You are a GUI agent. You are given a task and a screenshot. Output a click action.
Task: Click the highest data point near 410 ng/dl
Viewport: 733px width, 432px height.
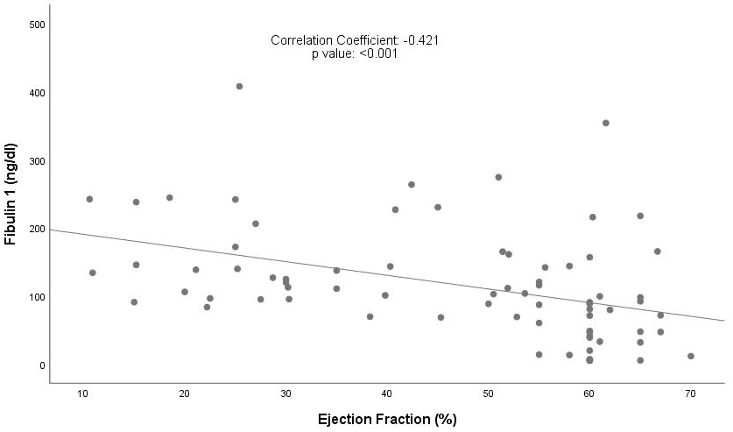[239, 86]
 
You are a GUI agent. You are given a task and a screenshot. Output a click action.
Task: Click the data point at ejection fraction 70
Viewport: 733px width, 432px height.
[691, 356]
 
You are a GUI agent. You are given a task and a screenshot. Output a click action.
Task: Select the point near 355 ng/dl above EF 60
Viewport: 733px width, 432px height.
[605, 123]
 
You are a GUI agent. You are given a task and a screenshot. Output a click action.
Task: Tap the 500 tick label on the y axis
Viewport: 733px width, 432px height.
[37, 25]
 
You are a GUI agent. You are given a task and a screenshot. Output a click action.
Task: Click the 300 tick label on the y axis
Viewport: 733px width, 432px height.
[37, 161]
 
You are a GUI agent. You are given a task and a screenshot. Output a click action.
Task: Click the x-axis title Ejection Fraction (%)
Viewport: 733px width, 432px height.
[388, 419]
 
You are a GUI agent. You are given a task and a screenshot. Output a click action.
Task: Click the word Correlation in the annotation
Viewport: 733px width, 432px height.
[304, 40]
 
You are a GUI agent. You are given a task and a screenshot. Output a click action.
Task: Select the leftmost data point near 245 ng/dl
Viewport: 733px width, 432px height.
[89, 199]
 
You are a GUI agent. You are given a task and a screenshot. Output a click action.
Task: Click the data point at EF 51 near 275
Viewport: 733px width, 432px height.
[498, 177]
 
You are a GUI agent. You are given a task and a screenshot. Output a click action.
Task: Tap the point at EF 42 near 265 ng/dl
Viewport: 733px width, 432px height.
[411, 184]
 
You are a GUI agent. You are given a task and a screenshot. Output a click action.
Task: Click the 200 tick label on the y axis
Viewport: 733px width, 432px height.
[37, 230]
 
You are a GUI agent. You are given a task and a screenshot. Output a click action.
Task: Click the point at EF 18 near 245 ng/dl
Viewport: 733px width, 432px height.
[170, 197]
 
